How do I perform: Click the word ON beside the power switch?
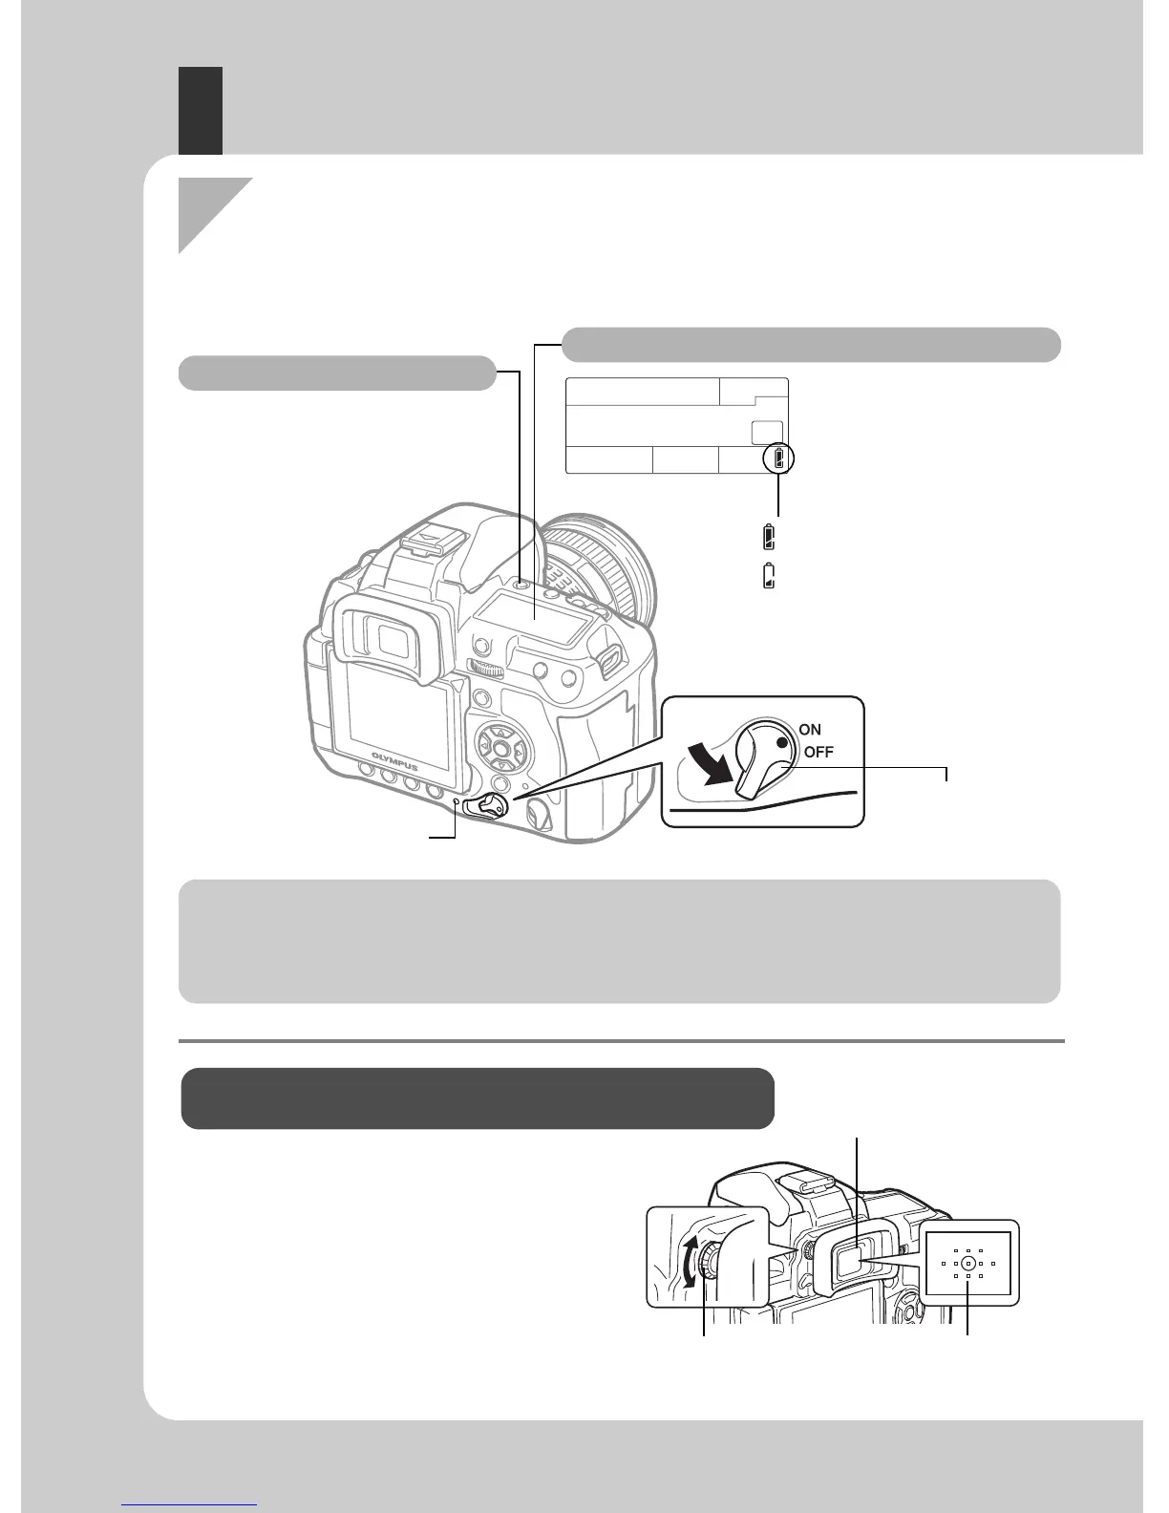click(x=810, y=730)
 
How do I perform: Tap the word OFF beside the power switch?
click(x=818, y=752)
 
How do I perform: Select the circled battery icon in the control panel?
click(x=779, y=460)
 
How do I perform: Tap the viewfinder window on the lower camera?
click(x=856, y=1263)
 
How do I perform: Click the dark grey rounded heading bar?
click(x=478, y=1097)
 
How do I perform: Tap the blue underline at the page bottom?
click(x=190, y=1506)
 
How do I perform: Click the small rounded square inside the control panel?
click(x=767, y=432)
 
